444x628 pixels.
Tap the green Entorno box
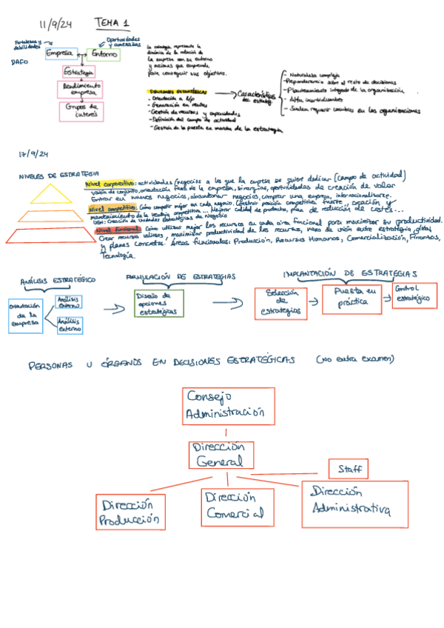tap(104, 53)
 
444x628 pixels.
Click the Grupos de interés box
tap(81, 111)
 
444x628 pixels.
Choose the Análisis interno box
tap(69, 301)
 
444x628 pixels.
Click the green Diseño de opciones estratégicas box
tap(159, 303)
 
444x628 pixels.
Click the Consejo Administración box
tap(223, 404)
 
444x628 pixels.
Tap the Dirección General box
tap(221, 455)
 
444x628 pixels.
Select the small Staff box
tap(348, 469)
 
